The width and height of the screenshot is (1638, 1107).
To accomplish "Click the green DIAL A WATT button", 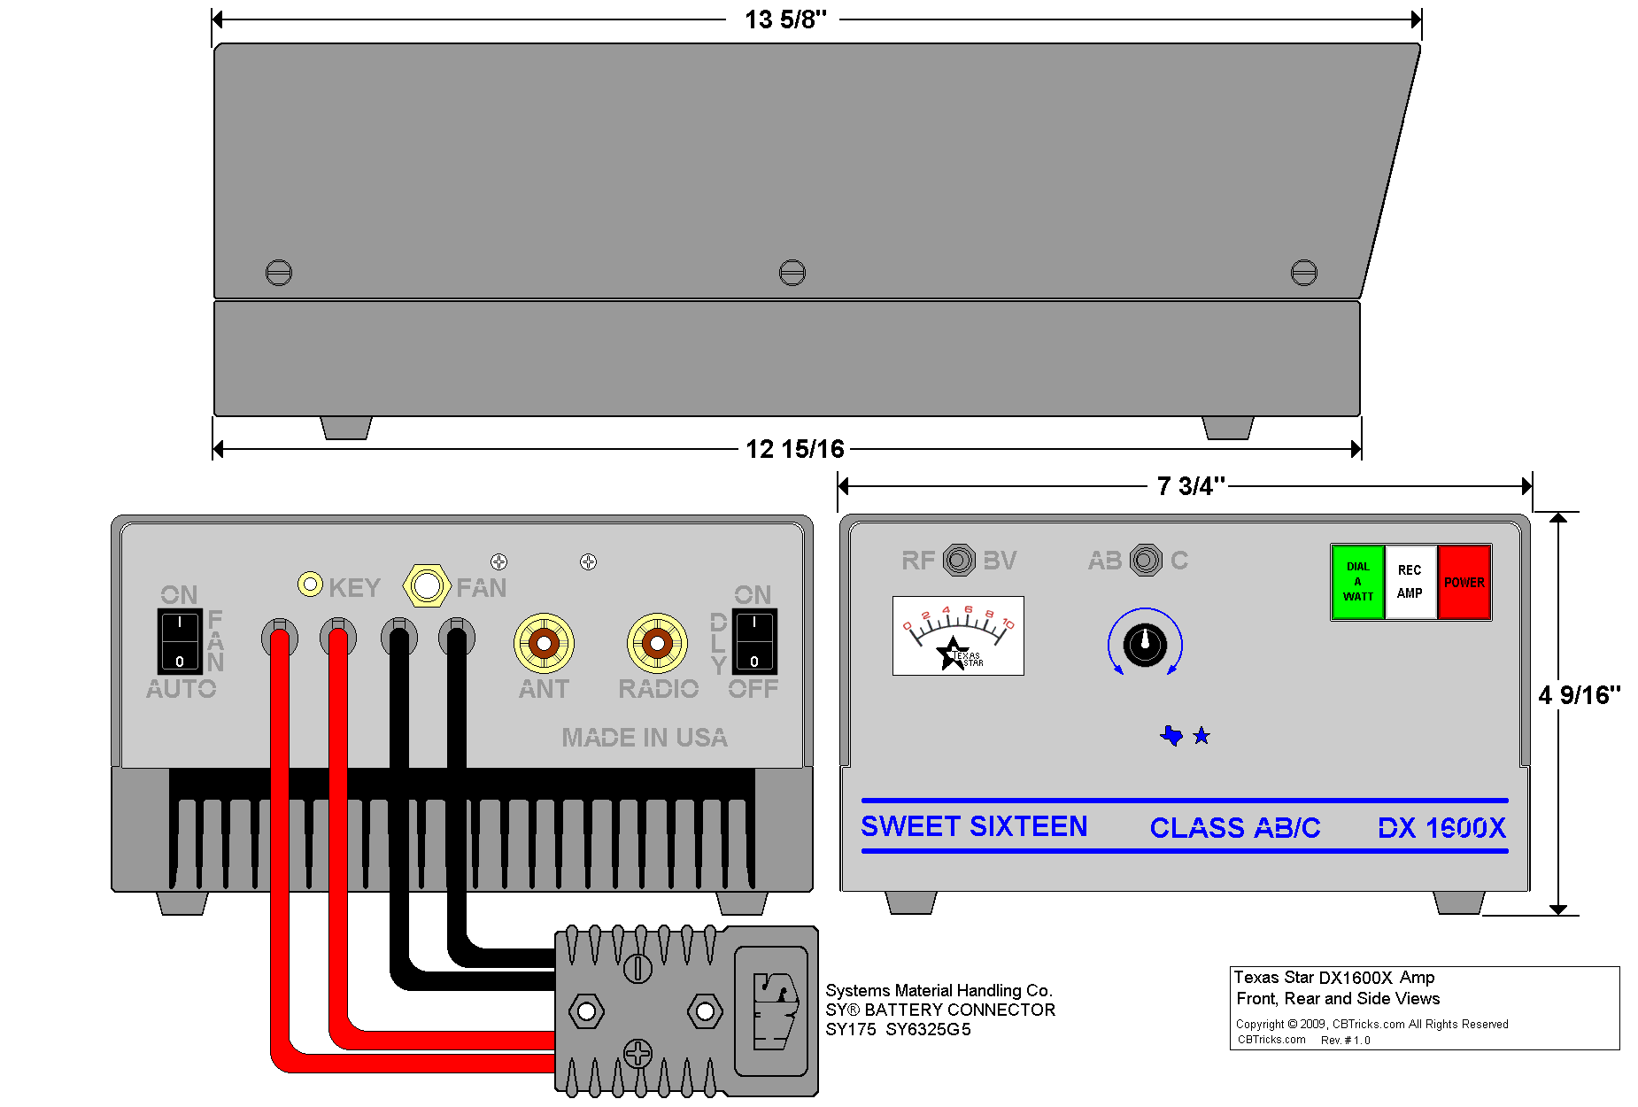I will click(x=1357, y=582).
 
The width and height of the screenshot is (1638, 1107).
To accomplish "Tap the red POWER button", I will click(x=1464, y=582).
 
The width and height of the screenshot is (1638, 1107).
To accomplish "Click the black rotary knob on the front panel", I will click(x=1145, y=644).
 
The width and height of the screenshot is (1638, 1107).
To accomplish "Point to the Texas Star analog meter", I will click(x=958, y=636).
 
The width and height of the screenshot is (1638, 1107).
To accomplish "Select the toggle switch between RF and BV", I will click(x=959, y=560).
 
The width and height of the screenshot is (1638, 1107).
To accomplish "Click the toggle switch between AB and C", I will click(x=1146, y=560).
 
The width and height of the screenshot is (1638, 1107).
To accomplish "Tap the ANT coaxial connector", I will click(x=544, y=643).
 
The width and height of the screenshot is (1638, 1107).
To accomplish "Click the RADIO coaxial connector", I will click(x=657, y=643).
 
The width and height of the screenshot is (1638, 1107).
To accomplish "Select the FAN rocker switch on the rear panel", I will click(x=180, y=641).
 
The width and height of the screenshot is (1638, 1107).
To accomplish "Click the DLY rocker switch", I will click(x=754, y=641).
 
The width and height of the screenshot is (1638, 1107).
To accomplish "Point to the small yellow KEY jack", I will click(x=310, y=584).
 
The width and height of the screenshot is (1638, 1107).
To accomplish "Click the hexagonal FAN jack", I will click(x=427, y=585).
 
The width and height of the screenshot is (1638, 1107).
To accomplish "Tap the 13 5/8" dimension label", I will click(x=784, y=19).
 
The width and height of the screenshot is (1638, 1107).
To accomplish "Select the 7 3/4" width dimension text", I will click(x=1190, y=486).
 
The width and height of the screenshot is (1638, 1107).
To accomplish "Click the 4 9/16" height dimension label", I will click(x=1579, y=695).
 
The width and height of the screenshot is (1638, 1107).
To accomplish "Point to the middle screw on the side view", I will click(x=792, y=272).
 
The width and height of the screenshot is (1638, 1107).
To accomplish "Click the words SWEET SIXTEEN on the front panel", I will click(x=974, y=826).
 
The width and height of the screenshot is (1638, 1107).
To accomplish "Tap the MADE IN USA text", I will click(x=645, y=738).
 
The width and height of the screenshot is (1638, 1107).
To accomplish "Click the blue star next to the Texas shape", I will click(x=1201, y=736).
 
